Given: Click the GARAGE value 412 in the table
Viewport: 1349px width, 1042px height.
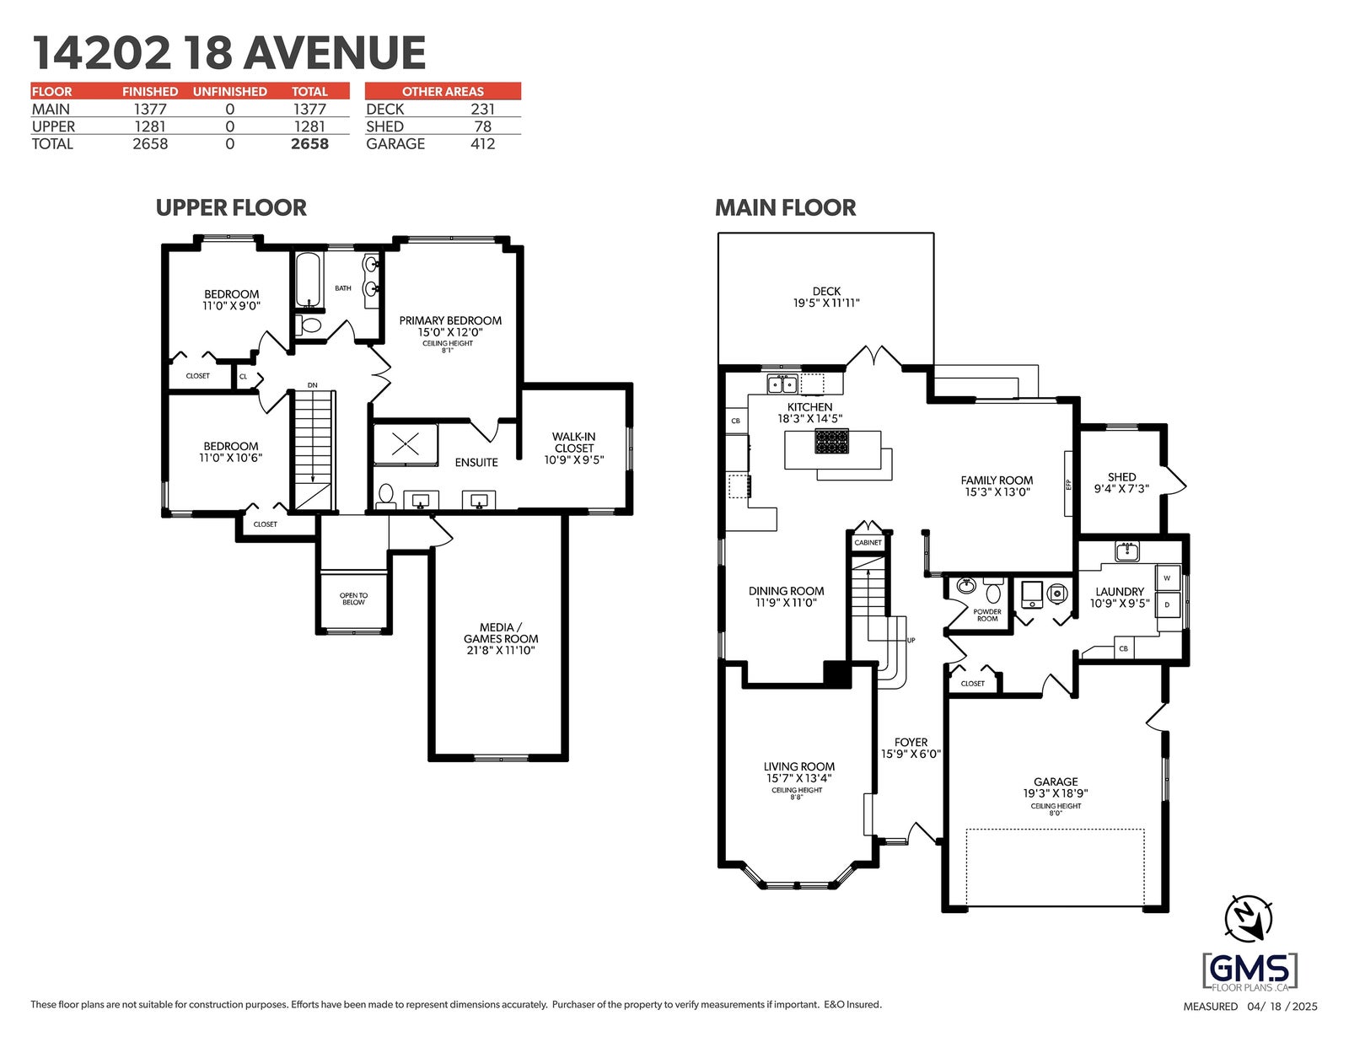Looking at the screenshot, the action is (482, 144).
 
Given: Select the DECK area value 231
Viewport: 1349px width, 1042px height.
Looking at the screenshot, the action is (482, 110).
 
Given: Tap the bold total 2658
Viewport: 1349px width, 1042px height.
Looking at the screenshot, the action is (309, 144).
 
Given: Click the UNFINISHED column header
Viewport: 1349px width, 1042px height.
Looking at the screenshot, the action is (229, 91).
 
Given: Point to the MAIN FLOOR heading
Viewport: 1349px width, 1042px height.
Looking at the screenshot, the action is (785, 207).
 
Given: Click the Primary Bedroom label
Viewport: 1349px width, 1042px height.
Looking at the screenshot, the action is (450, 321).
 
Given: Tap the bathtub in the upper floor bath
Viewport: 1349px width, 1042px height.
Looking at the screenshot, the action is (308, 279).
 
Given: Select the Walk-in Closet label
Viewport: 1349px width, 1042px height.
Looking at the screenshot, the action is (573, 443).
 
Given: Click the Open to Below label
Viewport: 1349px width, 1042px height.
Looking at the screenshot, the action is (353, 599).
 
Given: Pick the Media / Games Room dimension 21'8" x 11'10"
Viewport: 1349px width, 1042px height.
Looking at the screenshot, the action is (500, 650).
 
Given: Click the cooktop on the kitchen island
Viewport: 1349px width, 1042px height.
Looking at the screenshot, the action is (831, 443).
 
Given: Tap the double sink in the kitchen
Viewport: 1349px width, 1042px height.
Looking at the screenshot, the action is (782, 384).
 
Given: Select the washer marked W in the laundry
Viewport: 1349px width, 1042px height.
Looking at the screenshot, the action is (1167, 577).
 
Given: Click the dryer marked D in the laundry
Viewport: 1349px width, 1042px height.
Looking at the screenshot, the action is (1167, 604).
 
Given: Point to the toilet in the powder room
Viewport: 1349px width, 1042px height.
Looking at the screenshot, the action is (994, 590).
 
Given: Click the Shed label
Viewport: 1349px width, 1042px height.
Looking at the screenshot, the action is (1121, 477).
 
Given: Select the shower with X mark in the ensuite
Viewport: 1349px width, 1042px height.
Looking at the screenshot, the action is (406, 443).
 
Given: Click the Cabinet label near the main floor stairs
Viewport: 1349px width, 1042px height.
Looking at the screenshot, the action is (868, 542).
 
